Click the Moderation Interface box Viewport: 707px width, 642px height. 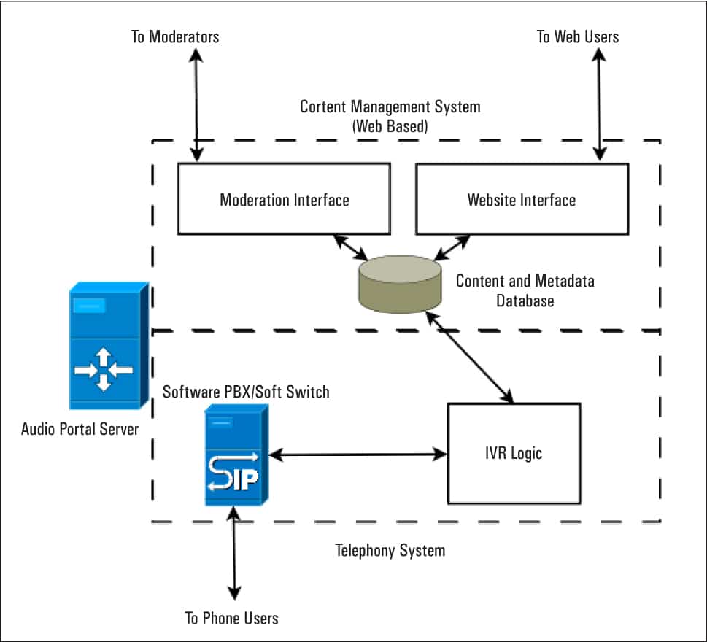point(284,198)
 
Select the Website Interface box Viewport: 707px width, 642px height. point(522,198)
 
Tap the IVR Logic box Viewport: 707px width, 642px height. point(514,453)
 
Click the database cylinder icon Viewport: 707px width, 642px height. point(400,283)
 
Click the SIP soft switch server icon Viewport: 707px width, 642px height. point(235,455)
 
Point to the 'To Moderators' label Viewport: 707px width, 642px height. point(175,36)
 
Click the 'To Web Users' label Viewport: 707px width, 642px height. point(578,36)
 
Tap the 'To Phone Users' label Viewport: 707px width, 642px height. point(231,618)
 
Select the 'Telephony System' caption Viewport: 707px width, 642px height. point(390,549)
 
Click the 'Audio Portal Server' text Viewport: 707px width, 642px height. point(80,428)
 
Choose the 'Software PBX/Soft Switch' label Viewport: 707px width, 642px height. point(246,392)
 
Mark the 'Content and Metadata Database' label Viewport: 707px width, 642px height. point(525,290)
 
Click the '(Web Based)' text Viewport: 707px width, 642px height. point(390,125)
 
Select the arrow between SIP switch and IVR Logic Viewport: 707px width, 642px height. point(358,454)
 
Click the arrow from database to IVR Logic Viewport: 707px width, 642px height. point(471,357)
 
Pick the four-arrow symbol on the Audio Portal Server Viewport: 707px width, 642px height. point(103,369)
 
